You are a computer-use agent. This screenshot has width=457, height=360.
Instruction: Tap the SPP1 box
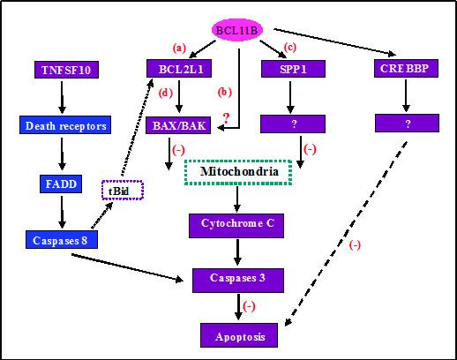[x=295, y=69]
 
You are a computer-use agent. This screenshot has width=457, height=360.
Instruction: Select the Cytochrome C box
[x=236, y=224]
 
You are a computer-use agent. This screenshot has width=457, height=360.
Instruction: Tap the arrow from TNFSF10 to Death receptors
[x=63, y=97]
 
